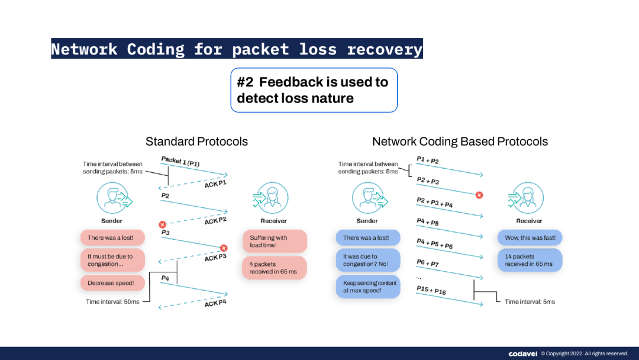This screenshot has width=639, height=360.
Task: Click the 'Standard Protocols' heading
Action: (196, 142)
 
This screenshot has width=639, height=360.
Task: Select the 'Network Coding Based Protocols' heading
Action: (460, 142)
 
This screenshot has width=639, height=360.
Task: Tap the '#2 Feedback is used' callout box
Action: (314, 90)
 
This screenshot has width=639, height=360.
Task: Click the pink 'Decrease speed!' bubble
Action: (112, 283)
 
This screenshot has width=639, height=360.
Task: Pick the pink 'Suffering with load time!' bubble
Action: (275, 242)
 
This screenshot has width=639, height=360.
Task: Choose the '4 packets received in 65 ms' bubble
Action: (275, 268)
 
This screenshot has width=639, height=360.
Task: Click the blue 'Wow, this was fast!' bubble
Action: (529, 237)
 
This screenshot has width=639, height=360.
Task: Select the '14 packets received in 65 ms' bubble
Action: (529, 260)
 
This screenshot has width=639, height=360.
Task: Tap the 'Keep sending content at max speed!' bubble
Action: (367, 287)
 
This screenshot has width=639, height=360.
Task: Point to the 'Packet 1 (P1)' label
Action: (180, 161)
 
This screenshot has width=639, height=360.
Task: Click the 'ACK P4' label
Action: (215, 303)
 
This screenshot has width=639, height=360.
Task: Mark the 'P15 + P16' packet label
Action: (432, 290)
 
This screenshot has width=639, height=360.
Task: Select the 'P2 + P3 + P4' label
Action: (434, 202)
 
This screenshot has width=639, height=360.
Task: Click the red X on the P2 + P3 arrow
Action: (479, 195)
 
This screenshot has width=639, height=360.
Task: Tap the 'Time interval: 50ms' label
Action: (112, 302)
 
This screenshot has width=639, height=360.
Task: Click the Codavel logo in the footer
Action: (522, 353)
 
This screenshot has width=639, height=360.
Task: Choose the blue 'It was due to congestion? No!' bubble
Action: (367, 261)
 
